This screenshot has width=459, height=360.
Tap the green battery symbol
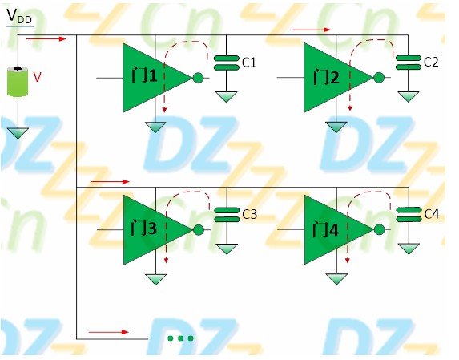[x=18, y=82]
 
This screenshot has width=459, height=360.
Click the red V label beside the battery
[x=37, y=77]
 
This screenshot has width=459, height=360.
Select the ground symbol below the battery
[x=18, y=133]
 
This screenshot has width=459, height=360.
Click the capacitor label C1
[x=249, y=63]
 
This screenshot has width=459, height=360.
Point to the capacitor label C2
[x=431, y=62]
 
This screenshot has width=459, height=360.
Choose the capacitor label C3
[x=250, y=214]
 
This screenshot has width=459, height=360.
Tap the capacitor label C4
[x=432, y=214]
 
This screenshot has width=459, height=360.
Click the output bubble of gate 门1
[x=198, y=78]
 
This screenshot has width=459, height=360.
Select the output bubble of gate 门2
[x=379, y=77]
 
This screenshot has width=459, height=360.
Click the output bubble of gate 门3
[x=199, y=229]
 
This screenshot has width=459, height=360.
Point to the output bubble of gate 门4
[x=380, y=229]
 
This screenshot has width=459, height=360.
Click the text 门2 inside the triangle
[x=326, y=77]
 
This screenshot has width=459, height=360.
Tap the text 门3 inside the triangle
[x=144, y=228]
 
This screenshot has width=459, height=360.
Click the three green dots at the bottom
[x=180, y=338]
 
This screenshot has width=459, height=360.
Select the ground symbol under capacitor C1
[x=226, y=97]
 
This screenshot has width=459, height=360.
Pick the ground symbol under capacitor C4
[x=409, y=249]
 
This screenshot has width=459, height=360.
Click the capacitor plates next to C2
[x=408, y=63]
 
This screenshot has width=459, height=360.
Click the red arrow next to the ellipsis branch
[x=109, y=332]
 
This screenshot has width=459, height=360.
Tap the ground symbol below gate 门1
[x=155, y=127]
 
